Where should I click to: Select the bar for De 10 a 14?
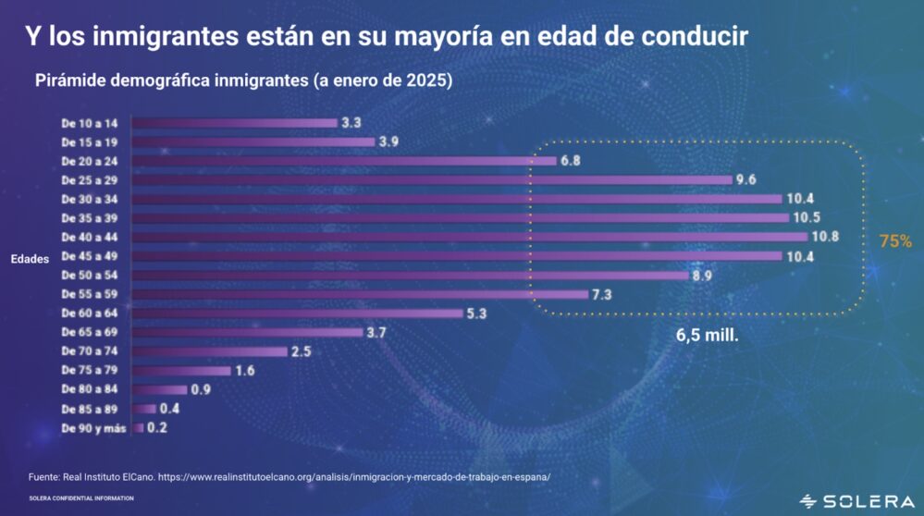[x=235, y=122]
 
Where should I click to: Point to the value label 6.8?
[x=571, y=161]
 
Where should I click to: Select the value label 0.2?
[x=159, y=428]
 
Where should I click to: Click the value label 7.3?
[x=603, y=294]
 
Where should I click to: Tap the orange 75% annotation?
[x=895, y=241]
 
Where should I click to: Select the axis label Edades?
[x=31, y=260]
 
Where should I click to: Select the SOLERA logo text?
[x=869, y=501]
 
